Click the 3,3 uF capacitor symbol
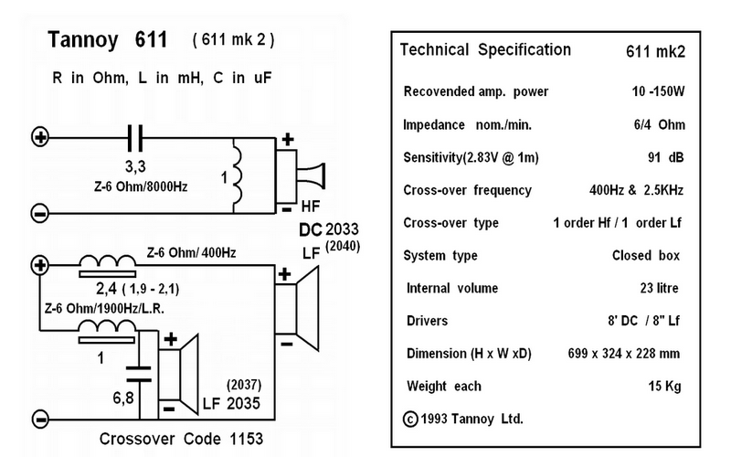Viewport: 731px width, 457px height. click(x=135, y=138)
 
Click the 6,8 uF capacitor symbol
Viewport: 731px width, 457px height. click(x=139, y=374)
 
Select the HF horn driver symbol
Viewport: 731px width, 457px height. click(x=301, y=176)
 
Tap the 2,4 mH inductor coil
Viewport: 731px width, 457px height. click(x=107, y=266)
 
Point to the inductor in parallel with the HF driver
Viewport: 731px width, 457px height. click(x=238, y=175)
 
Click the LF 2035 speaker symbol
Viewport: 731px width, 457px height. click(x=178, y=375)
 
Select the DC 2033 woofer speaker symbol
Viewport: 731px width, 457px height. click(x=297, y=308)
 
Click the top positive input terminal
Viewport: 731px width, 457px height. click(x=40, y=137)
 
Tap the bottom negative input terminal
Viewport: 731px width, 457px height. click(x=40, y=419)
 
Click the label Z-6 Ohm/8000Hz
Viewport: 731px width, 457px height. click(x=141, y=187)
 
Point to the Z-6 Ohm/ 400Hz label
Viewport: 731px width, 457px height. click(x=191, y=253)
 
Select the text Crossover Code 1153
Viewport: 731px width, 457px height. click(x=181, y=439)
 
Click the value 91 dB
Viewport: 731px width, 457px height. click(x=666, y=157)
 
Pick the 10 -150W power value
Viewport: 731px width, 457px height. click(x=658, y=91)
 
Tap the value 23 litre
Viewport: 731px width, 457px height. click(x=659, y=288)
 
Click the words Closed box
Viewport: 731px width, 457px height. click(x=646, y=256)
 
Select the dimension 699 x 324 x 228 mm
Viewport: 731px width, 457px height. click(x=624, y=354)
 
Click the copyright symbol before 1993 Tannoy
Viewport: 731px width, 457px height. click(x=410, y=420)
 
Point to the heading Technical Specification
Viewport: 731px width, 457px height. click(x=485, y=50)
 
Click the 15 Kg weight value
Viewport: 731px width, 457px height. click(x=664, y=387)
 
